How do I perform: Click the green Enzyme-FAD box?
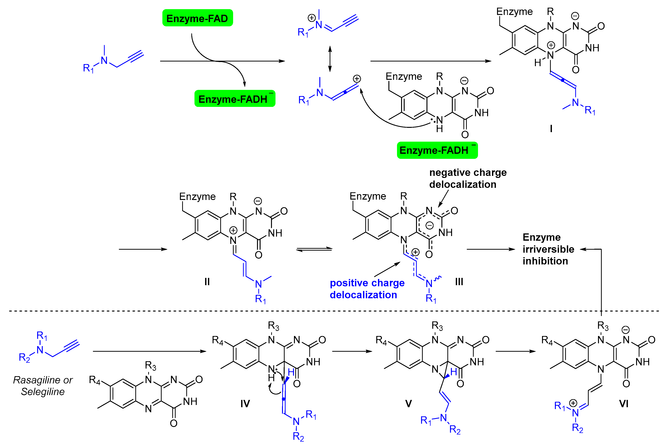[x=197, y=18]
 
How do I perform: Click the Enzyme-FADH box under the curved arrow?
[x=235, y=99]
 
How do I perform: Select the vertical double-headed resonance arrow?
[x=330, y=58]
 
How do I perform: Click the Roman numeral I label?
[x=551, y=129]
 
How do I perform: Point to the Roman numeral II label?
[x=207, y=282]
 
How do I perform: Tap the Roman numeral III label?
[x=459, y=282]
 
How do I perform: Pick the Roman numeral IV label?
[x=245, y=404]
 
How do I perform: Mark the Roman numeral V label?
[x=408, y=404]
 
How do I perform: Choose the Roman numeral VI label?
[x=624, y=404]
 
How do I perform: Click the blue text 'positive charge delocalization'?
[x=367, y=289]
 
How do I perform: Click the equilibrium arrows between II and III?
[x=314, y=249]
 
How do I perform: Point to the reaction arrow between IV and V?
[x=352, y=351]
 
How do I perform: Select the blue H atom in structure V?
[x=454, y=372]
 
